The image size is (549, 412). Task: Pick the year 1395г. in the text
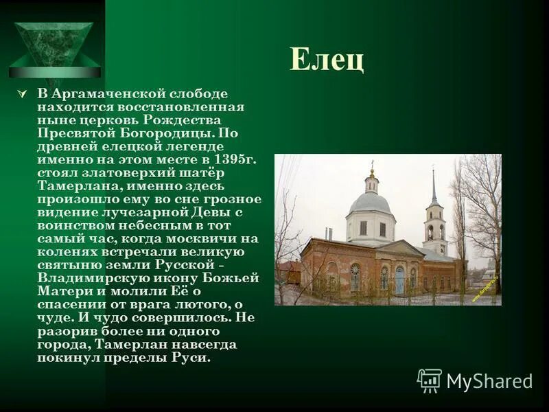coord(233,159)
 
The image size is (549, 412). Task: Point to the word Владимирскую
coord(84,278)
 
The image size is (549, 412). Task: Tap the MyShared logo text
coord(489,382)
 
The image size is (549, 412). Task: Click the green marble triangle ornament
coord(54,45)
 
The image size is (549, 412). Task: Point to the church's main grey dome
coord(371,203)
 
